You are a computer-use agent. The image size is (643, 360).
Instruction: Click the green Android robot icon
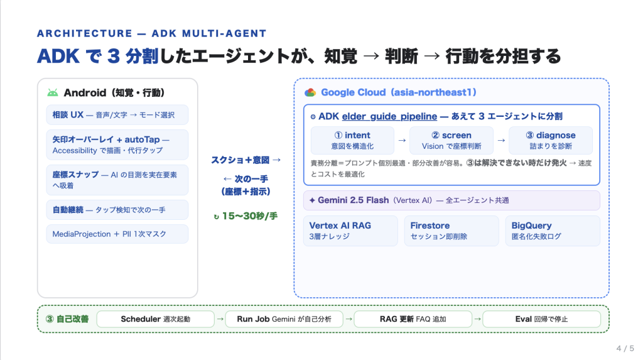tap(53, 93)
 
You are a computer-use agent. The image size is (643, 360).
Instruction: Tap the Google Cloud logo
tap(310, 92)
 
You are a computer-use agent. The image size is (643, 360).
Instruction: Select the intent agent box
tap(352, 140)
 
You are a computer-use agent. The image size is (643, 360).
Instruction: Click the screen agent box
tap(451, 140)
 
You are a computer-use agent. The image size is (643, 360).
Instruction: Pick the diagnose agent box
tap(550, 140)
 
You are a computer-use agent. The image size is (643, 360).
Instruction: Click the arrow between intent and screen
tap(402, 140)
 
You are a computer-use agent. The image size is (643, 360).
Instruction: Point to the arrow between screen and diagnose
tap(501, 140)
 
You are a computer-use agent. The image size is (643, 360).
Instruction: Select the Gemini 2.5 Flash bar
tap(451, 200)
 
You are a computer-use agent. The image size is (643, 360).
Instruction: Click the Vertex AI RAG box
tap(350, 231)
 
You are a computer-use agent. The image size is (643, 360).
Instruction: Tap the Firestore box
tap(451, 231)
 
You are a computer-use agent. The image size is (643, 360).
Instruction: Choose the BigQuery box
tap(553, 231)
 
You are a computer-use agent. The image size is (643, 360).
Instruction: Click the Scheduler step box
tap(156, 319)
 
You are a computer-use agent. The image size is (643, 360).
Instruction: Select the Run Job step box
tap(284, 319)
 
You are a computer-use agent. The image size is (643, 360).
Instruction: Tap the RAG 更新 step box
tap(413, 319)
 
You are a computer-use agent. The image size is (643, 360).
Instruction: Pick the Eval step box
tap(542, 319)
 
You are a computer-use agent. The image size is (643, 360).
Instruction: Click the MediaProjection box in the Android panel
tap(117, 234)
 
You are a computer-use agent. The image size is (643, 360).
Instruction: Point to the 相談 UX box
tap(117, 115)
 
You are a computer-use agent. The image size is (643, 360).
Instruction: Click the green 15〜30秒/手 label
tap(246, 216)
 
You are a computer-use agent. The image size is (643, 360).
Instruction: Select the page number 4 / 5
tap(625, 349)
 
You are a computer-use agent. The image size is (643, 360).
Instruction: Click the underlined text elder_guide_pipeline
tap(389, 117)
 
